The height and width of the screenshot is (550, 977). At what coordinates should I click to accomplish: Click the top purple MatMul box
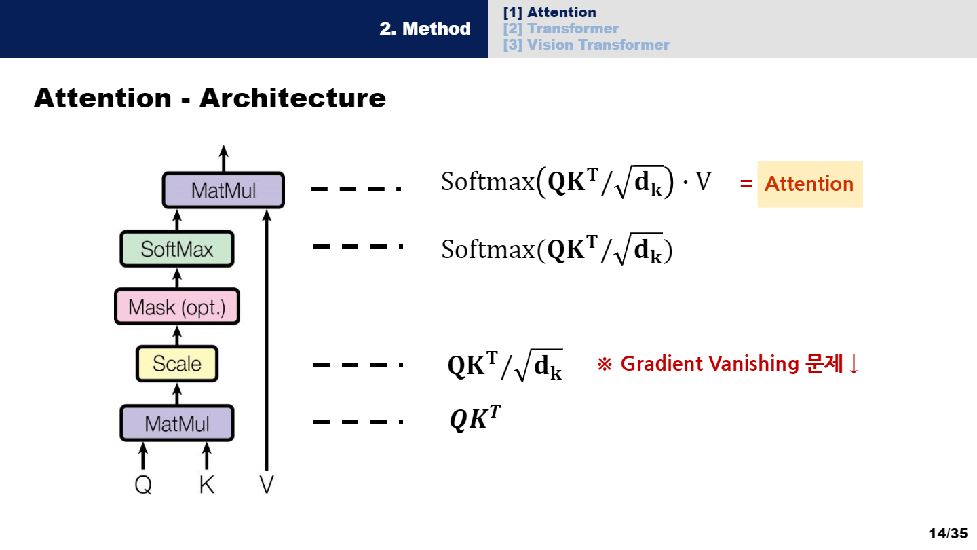223,190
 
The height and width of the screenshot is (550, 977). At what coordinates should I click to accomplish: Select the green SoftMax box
177,249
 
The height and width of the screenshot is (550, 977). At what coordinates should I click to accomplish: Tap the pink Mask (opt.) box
177,308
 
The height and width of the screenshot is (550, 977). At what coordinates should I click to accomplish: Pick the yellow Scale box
177,364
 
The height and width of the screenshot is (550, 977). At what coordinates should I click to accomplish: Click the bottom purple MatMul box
177,424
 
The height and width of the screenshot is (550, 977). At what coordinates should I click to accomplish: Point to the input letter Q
143,485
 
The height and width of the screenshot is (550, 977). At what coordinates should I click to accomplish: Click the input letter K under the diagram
207,485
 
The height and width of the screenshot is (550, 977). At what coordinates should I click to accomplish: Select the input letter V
267,485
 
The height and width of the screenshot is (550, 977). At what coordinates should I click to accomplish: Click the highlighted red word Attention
809,184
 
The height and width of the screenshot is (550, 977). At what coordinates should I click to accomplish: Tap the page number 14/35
948,534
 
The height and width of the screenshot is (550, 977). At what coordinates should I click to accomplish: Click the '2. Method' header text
425,29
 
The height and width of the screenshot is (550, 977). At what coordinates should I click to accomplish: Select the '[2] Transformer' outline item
560,29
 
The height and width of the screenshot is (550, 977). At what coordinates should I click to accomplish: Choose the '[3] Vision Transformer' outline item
586,45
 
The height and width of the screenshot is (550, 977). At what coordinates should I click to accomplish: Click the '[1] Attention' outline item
550,12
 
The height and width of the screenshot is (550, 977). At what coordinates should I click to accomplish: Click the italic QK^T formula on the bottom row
476,420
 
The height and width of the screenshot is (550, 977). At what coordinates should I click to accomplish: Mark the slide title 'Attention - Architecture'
210,98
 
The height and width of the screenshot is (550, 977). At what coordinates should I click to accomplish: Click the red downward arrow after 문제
854,364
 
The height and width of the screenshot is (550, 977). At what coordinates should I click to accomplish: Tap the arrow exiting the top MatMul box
223,158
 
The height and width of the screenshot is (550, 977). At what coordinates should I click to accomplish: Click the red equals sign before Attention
746,184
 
